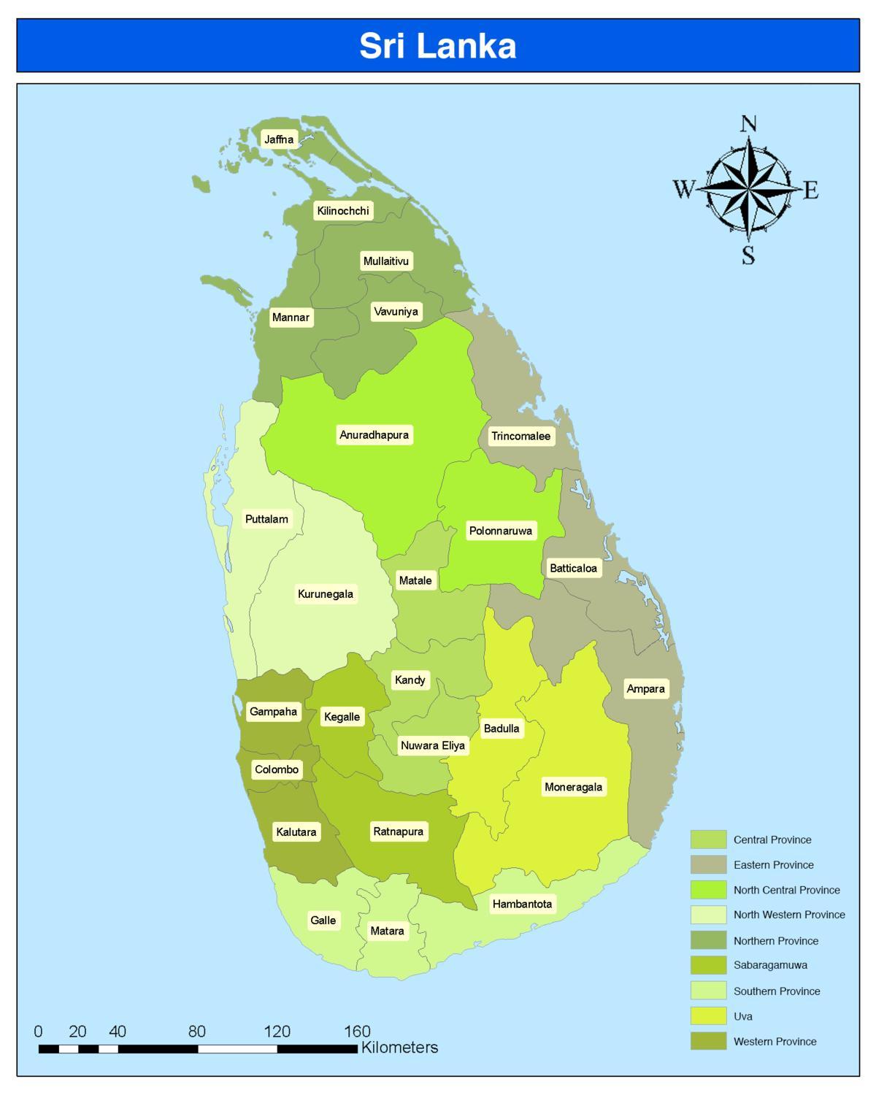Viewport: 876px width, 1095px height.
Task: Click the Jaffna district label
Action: point(279,139)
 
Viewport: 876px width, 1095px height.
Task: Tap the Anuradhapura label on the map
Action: point(374,435)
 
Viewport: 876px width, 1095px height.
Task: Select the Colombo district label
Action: point(277,769)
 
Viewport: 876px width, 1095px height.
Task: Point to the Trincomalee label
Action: point(520,437)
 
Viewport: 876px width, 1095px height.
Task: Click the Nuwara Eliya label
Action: point(432,745)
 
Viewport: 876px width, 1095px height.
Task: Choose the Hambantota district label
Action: point(522,904)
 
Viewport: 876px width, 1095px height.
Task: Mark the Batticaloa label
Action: point(573,568)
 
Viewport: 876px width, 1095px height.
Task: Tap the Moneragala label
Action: point(573,787)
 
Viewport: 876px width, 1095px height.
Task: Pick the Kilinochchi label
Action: point(342,211)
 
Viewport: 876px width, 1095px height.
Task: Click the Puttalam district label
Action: point(266,519)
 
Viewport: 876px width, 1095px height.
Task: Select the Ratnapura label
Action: point(398,831)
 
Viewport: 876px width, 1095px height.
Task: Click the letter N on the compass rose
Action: point(748,124)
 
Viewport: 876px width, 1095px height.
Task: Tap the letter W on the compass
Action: point(683,190)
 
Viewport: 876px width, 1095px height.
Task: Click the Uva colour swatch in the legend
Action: point(708,1016)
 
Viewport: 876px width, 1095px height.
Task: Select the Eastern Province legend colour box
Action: point(708,864)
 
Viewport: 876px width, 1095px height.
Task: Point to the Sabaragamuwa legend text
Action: point(770,965)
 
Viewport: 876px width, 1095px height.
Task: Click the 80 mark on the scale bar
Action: point(197,1031)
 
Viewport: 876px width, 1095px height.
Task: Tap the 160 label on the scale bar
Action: point(357,1031)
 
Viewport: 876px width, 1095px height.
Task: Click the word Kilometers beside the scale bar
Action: point(399,1048)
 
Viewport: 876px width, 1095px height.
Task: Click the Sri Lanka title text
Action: point(438,46)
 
